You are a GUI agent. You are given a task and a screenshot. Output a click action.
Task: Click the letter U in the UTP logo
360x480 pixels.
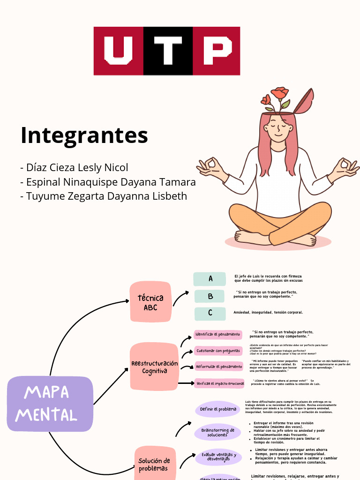[x=119, y=51]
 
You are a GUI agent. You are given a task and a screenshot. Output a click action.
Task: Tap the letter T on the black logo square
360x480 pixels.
[x=168, y=51]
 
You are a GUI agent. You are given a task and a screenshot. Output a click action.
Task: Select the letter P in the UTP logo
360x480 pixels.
[x=216, y=51]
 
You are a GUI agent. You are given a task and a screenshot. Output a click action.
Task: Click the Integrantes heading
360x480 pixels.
[x=84, y=135]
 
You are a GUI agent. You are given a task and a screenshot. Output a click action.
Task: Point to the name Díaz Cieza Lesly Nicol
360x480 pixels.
[x=74, y=167]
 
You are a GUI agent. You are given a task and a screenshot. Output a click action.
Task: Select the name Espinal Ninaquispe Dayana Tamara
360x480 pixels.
[x=108, y=182]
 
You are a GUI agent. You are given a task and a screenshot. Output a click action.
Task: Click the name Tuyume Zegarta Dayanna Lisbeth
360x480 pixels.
[x=104, y=196]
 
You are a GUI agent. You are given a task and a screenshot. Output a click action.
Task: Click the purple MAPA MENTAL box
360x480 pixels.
[x=50, y=404]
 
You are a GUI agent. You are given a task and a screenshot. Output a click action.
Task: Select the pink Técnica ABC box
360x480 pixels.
[x=150, y=302]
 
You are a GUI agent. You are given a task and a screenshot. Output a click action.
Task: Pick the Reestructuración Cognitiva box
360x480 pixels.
[x=154, y=367]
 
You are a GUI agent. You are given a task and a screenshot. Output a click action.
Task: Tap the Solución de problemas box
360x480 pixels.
[x=154, y=464]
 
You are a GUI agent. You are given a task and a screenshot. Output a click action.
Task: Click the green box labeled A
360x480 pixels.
[x=210, y=279]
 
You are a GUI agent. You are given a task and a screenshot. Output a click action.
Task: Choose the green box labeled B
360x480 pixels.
[x=210, y=296]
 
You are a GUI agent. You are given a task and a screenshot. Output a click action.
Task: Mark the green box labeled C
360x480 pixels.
[x=210, y=313]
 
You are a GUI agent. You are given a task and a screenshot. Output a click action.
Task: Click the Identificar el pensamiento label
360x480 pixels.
[x=218, y=335]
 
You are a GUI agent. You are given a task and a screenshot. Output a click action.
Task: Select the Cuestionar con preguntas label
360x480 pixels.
[x=218, y=351]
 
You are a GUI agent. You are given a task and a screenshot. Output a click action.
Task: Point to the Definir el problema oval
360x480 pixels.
[x=218, y=409]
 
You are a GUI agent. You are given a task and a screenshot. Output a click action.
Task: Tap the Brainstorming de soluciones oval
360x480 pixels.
[x=218, y=432]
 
